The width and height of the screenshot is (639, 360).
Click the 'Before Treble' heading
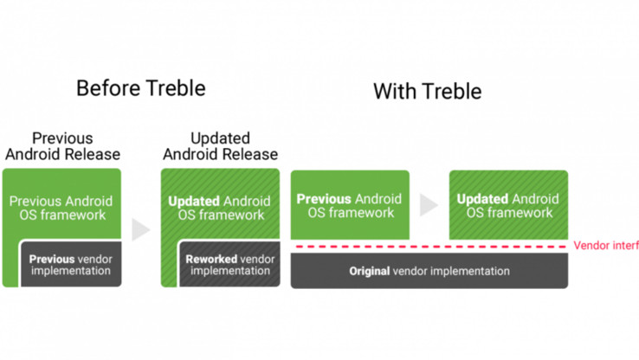coord(140,88)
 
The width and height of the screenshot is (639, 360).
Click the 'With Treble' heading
coord(427,91)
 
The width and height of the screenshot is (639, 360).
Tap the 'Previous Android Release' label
coord(62,146)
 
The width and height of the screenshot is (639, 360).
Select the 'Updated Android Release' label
coord(221,146)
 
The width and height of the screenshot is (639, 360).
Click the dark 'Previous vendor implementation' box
coord(70,265)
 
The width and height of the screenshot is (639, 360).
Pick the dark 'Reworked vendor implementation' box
coord(229,265)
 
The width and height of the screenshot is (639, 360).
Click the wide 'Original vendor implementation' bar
coord(429,272)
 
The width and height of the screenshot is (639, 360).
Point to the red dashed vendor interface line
coord(429,247)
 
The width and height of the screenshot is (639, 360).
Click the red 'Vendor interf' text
coord(605,246)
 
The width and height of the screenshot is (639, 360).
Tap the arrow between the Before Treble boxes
coord(141,229)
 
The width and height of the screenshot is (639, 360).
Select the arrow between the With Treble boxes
coord(429,205)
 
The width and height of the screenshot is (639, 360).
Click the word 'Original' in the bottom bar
coord(369,272)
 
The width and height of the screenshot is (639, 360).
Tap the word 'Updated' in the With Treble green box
coord(482,199)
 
